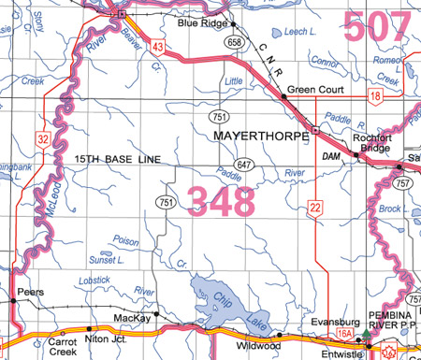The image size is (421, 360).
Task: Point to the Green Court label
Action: click(315, 91)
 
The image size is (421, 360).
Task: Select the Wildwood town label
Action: click(256, 345)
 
